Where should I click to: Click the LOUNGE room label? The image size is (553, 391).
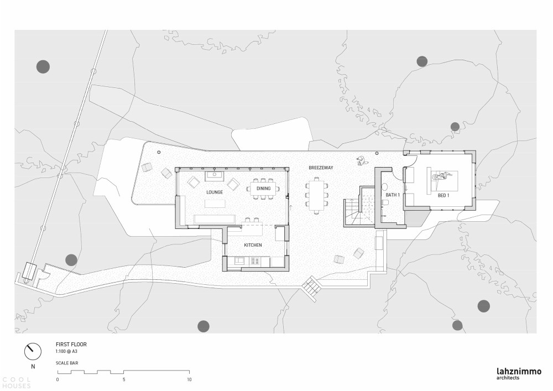215,192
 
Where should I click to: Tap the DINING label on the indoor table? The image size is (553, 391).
263,189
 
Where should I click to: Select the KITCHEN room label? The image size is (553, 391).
253,245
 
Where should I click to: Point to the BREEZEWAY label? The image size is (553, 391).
321,168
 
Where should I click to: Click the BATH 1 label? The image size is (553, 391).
393,195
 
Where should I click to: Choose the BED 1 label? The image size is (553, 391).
444,195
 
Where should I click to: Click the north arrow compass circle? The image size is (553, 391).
33,351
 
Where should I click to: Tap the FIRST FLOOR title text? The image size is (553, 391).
71,345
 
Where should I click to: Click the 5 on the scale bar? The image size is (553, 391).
124,380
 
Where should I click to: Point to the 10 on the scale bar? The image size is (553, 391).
189,380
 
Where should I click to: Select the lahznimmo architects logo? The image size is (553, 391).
519,374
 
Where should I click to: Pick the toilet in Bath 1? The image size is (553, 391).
385,204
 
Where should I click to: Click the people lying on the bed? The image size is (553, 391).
442,175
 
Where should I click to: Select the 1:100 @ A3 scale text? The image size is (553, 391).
67,352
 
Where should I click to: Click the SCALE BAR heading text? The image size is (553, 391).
67,363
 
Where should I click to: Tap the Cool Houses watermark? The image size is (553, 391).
16,383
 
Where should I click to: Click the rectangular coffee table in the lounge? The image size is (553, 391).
215,204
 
